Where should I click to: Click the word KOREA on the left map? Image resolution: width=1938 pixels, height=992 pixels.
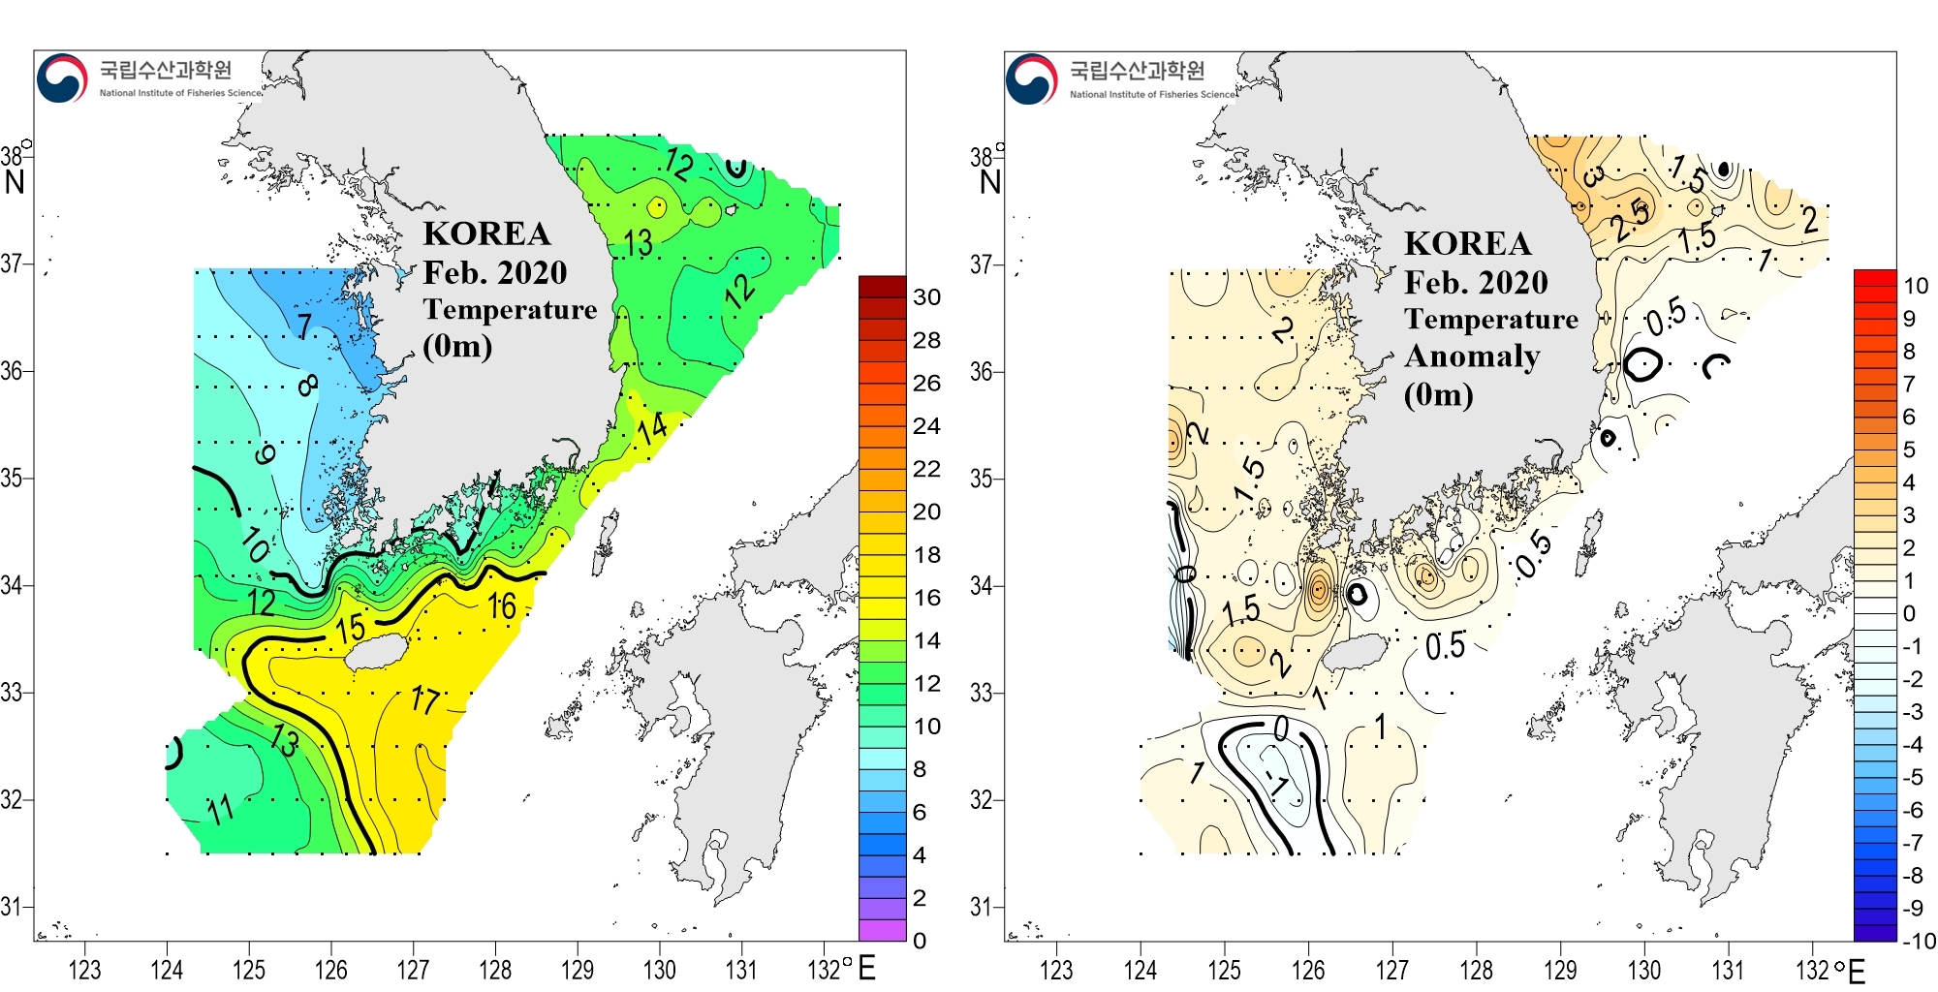pos(486,234)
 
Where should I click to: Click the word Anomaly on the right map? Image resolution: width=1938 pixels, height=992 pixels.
pos(1472,356)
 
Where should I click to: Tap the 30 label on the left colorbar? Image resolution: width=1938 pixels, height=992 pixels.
pos(926,297)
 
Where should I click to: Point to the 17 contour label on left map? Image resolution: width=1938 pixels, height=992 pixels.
pos(425,698)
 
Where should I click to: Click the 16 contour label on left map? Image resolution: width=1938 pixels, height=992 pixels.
pos(501,606)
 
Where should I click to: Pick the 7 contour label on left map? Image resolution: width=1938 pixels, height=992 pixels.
pos(304,325)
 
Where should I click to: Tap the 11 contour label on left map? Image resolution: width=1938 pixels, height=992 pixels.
pos(220,808)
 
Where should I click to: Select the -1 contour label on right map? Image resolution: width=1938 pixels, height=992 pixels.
pos(1279,781)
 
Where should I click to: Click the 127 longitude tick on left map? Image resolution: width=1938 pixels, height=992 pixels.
pos(413,969)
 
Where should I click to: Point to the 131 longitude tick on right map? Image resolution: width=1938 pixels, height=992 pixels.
pos(1728,970)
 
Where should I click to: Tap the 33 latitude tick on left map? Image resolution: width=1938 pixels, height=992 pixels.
pos(12,693)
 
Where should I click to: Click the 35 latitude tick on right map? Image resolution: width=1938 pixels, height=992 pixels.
pos(982,479)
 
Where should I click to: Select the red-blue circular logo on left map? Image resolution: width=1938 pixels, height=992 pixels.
pos(61,77)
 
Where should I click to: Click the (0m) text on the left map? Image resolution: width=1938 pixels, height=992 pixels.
pos(457,346)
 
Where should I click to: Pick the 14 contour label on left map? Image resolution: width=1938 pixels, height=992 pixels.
pos(651,427)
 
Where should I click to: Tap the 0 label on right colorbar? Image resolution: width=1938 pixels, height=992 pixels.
pos(1908,613)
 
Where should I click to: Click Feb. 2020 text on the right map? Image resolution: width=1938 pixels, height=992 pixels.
pos(1476,283)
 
